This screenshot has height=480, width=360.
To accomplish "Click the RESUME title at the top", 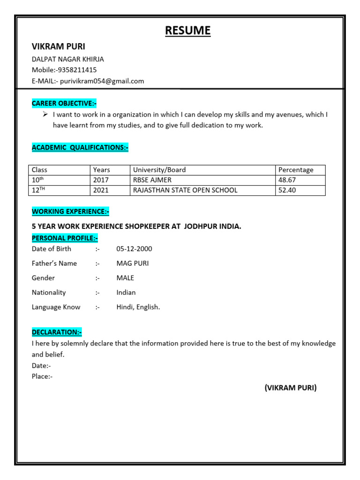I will point(187,31).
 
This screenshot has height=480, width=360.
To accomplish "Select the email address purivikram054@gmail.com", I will point(102,81).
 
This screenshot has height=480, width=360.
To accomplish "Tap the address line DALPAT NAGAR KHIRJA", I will point(67,59).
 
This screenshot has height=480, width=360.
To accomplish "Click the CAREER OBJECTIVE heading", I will point(64,103).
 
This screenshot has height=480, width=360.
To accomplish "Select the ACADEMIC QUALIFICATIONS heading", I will point(80,148).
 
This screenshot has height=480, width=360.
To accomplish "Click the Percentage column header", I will point(296,170).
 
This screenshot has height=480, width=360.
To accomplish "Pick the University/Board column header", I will point(159,170).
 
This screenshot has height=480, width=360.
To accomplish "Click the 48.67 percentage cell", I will point(287,180).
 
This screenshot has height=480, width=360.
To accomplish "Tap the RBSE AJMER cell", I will point(152,180).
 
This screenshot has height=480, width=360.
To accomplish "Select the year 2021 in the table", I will point(101,190).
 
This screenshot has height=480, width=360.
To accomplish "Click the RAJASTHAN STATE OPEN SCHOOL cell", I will point(185,190).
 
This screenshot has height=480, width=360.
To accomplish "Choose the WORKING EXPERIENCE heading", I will point(70,212).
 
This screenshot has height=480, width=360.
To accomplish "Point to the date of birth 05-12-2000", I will point(134,249).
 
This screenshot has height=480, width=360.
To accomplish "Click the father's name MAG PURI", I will point(133,263).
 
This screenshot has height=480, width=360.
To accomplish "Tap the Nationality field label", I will point(49,292).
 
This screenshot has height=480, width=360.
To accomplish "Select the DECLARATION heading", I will point(57,332).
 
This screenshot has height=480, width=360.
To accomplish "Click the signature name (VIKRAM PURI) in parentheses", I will point(291,388).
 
